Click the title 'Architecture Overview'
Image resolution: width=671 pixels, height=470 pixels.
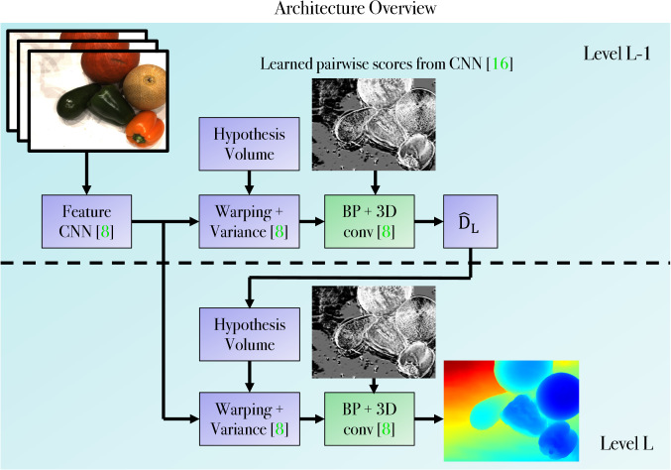(335, 10)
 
